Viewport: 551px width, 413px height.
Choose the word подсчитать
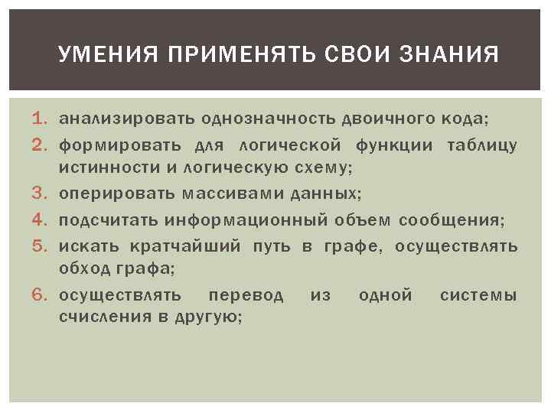[x=109, y=221]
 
